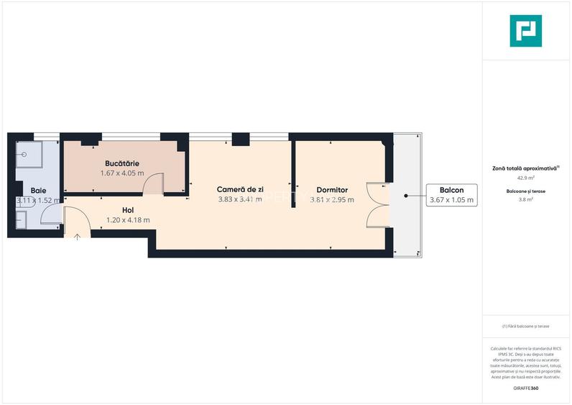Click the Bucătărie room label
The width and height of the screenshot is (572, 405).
click(121, 163)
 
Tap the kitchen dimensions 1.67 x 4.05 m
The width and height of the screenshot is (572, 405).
click(121, 173)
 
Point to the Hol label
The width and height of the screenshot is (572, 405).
click(128, 210)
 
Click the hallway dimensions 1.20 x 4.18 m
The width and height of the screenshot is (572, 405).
click(128, 220)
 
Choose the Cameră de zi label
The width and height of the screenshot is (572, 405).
click(240, 189)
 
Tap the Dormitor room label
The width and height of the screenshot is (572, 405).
click(332, 190)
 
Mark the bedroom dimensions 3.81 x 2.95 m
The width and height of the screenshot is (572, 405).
click(332, 200)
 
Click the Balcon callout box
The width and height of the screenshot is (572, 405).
click(451, 195)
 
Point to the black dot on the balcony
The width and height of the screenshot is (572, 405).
click(405, 195)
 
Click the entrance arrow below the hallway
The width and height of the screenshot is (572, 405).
click(77, 235)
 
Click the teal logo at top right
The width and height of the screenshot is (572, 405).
click(525, 31)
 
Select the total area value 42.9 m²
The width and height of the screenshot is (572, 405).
click(525, 178)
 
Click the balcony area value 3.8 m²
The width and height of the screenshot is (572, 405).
click(525, 201)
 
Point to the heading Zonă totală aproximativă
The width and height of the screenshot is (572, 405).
click(525, 168)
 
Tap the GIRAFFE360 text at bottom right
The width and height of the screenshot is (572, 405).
click(525, 388)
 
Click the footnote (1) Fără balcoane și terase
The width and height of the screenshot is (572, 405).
click(525, 326)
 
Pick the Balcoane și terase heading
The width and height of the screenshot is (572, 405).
click(525, 191)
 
